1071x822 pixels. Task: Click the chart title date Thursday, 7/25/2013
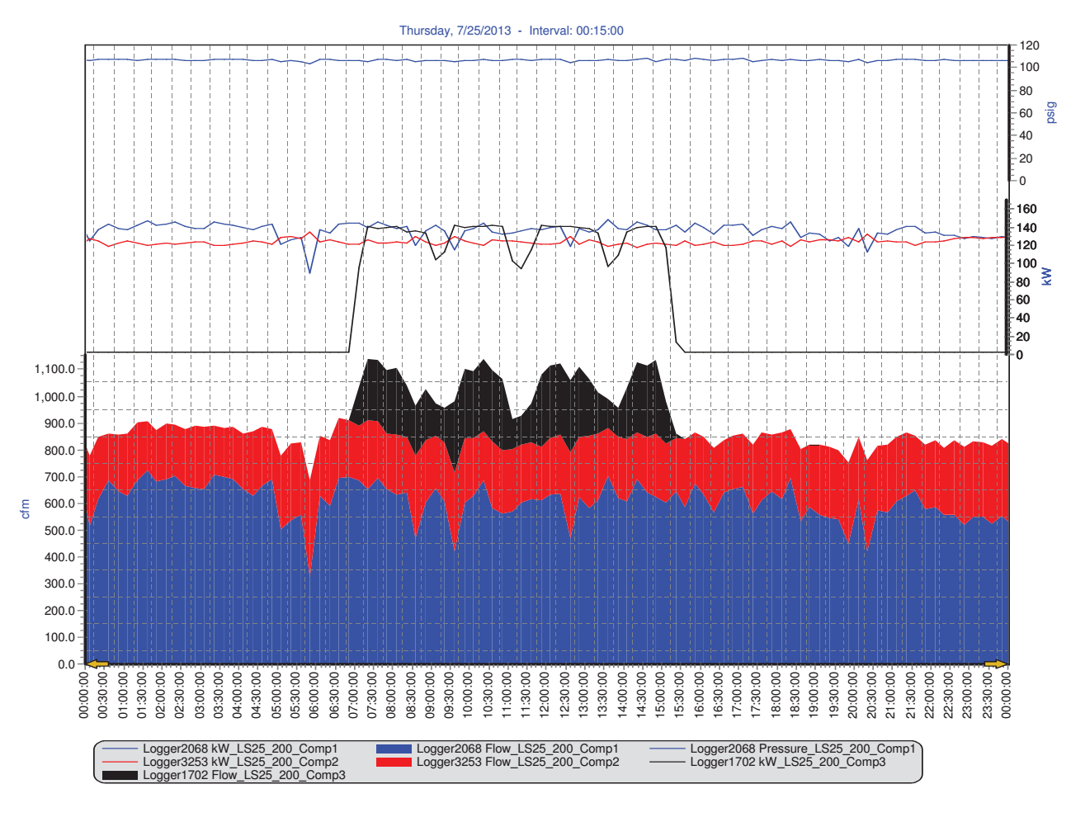(x=455, y=31)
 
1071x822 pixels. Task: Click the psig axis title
(x=1050, y=113)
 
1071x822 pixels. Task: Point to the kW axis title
(x=1047, y=276)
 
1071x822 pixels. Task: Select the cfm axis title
(x=25, y=508)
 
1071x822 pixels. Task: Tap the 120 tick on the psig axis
(x=1029, y=45)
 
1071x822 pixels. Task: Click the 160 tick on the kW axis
(x=1026, y=209)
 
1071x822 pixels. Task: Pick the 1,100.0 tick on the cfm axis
(x=54, y=369)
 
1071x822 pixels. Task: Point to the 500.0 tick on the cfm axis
(x=59, y=530)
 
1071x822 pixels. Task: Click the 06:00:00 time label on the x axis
(x=314, y=695)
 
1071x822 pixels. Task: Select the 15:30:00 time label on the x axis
(x=680, y=695)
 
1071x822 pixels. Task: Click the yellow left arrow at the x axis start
(x=97, y=664)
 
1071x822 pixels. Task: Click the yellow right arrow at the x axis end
(x=995, y=664)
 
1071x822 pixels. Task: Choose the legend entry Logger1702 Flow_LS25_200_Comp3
(x=243, y=775)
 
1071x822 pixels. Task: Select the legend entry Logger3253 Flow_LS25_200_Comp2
(x=517, y=762)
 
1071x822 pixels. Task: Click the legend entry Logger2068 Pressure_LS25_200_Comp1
(x=802, y=749)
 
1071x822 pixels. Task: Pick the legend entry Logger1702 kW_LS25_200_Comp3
(x=787, y=762)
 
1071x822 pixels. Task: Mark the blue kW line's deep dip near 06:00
(x=309, y=273)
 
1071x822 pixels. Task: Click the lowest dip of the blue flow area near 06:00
(x=309, y=572)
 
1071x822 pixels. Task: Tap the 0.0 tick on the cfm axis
(x=67, y=664)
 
